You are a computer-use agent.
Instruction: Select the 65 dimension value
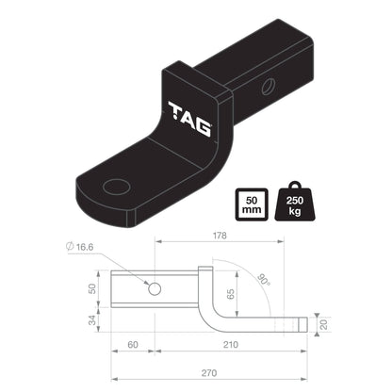233,295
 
